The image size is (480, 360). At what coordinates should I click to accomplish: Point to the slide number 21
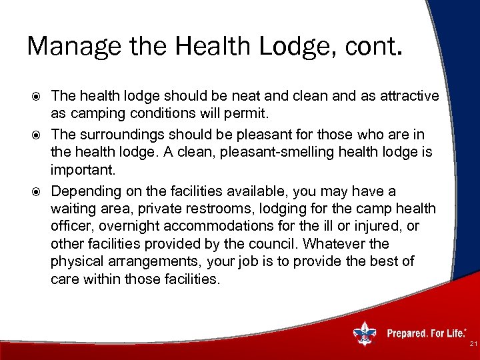point(472,344)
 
